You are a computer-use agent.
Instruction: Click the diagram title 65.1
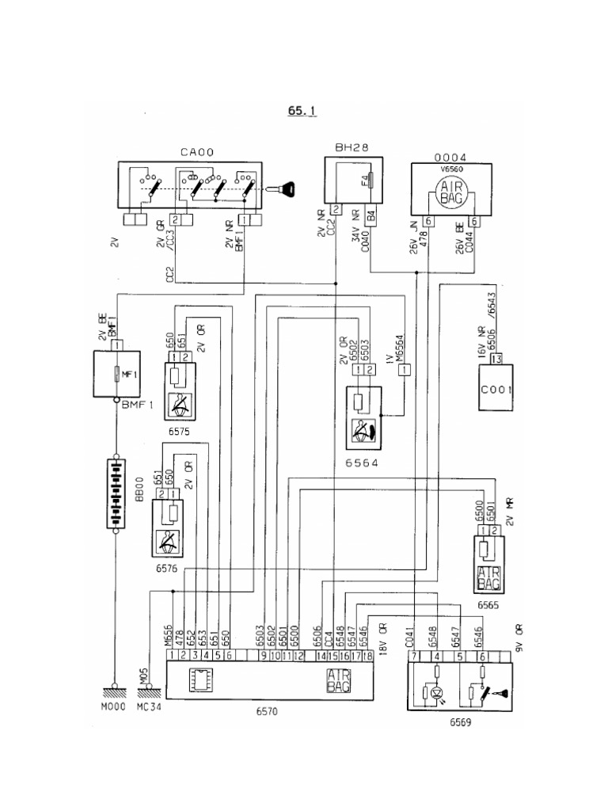click(x=302, y=112)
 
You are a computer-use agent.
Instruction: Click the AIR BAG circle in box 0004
click(x=450, y=192)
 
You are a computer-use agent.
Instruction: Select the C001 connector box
click(x=496, y=389)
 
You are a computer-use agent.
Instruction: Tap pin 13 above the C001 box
click(x=496, y=360)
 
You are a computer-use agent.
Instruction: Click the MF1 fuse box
click(x=116, y=375)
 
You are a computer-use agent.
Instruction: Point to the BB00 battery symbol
click(x=116, y=491)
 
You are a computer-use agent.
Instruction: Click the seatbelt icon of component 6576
click(x=167, y=541)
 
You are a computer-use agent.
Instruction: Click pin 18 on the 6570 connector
click(x=368, y=655)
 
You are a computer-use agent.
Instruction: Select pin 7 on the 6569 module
click(x=413, y=656)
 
